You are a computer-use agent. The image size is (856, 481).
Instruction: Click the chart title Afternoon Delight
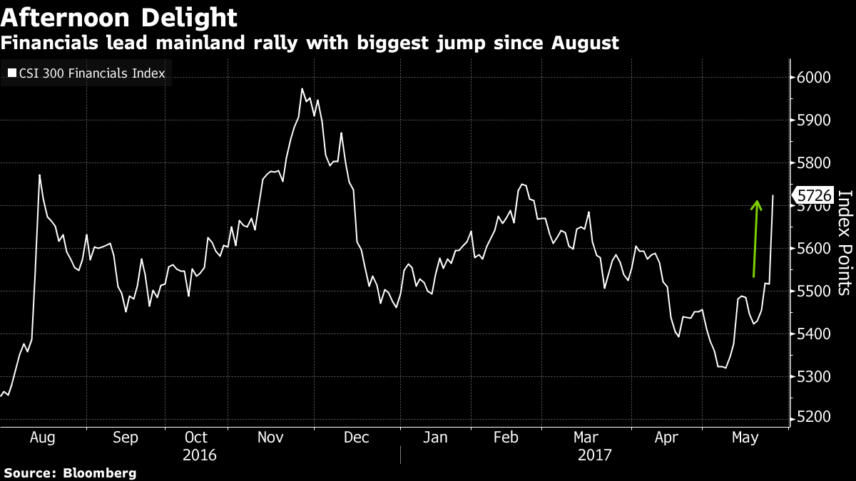click(x=119, y=16)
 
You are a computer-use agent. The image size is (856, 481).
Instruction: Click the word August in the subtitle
click(x=584, y=43)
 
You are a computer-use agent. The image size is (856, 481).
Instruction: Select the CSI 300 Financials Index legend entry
click(x=89, y=73)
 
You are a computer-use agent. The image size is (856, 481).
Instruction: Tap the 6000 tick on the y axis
click(x=813, y=78)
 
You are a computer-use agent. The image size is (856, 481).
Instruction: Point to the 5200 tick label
click(x=813, y=419)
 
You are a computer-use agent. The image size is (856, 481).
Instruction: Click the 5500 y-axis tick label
click(x=813, y=291)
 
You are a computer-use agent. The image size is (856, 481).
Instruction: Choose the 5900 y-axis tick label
click(x=813, y=120)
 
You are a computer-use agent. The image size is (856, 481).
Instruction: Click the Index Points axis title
click(x=845, y=242)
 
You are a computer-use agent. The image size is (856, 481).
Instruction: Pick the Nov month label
click(x=270, y=437)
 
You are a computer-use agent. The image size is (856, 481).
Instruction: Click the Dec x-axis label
click(x=356, y=437)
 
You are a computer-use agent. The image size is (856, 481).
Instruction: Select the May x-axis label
click(x=745, y=437)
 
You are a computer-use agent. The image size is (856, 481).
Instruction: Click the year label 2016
click(x=200, y=455)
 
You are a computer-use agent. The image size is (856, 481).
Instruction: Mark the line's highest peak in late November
click(x=302, y=89)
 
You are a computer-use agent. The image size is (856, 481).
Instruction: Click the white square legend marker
click(x=11, y=73)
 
